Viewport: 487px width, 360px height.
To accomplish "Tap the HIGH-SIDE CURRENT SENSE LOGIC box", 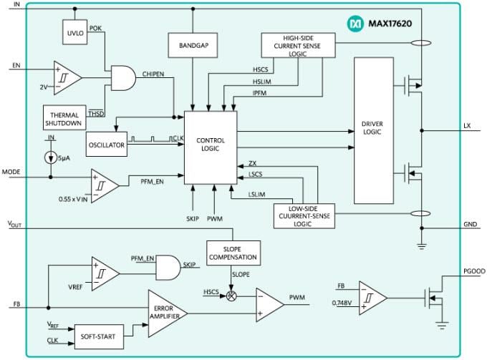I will [297, 44].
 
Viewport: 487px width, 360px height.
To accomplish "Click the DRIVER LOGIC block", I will [373, 131].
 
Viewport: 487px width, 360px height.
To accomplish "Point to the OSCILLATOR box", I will [106, 145].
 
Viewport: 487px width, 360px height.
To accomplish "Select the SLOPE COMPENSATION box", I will [232, 252].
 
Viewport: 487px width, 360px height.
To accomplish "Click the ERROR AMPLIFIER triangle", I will [165, 312].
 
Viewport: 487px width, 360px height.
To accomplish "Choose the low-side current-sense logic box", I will [304, 215].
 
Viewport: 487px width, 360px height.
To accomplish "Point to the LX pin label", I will [467, 125].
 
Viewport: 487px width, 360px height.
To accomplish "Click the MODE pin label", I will [11, 172].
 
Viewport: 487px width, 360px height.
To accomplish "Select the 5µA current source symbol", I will [49, 155].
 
